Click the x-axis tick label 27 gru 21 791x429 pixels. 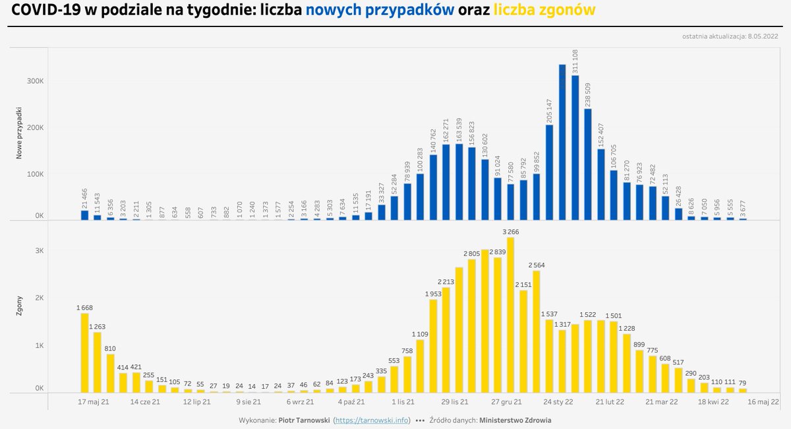(507, 401)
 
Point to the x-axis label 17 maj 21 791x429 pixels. (94, 401)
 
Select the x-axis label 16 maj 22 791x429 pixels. (763, 401)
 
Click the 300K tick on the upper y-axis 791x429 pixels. (35, 81)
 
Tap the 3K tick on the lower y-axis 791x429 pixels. (39, 251)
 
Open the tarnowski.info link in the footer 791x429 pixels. (372, 420)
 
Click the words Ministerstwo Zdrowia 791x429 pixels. (515, 420)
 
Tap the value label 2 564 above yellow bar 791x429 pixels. (537, 265)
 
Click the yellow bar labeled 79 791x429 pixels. (743, 391)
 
